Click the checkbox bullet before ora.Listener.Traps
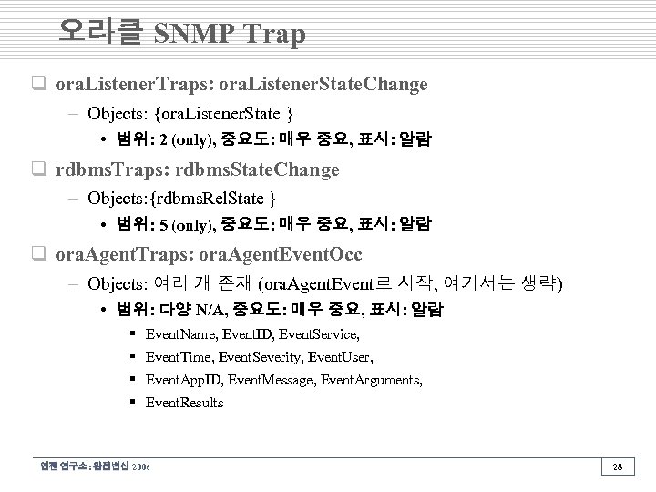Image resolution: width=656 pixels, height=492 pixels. [41, 85]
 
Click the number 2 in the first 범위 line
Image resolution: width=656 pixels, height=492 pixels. [162, 140]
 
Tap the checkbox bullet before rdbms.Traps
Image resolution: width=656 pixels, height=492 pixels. [41, 169]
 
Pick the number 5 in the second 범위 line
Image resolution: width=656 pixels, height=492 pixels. [162, 224]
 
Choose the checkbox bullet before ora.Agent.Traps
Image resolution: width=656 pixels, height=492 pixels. [41, 253]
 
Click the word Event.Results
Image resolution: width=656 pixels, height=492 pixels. [184, 403]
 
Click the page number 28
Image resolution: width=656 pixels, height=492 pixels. [619, 466]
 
